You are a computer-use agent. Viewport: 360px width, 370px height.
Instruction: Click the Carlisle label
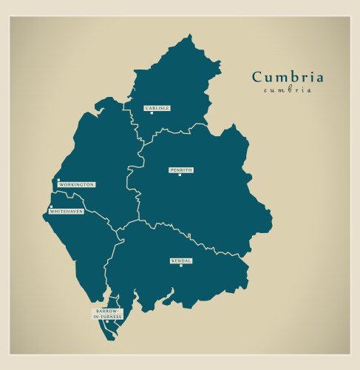pos(157,108)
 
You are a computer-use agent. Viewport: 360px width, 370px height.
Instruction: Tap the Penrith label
pos(181,169)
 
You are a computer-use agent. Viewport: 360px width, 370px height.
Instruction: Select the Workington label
pos(77,184)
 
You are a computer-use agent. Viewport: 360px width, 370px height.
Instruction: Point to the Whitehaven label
pos(66,211)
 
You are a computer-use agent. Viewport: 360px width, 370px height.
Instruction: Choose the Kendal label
pos(181,260)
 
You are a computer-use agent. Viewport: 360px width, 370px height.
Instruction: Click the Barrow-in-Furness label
pos(107,314)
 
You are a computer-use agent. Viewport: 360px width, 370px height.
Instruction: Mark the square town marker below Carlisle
pos(152,113)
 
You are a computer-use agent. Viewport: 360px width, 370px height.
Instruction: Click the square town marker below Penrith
pos(180,175)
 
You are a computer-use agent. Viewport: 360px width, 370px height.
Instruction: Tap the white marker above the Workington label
pos(58,179)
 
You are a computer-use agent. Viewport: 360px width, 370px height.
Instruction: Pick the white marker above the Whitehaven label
pos(51,206)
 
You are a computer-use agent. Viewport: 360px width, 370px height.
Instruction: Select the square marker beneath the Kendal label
pos(180,266)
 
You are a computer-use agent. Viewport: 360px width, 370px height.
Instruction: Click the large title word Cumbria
pos(288,77)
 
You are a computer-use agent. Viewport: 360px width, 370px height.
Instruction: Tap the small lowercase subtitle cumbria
pos(288,90)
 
